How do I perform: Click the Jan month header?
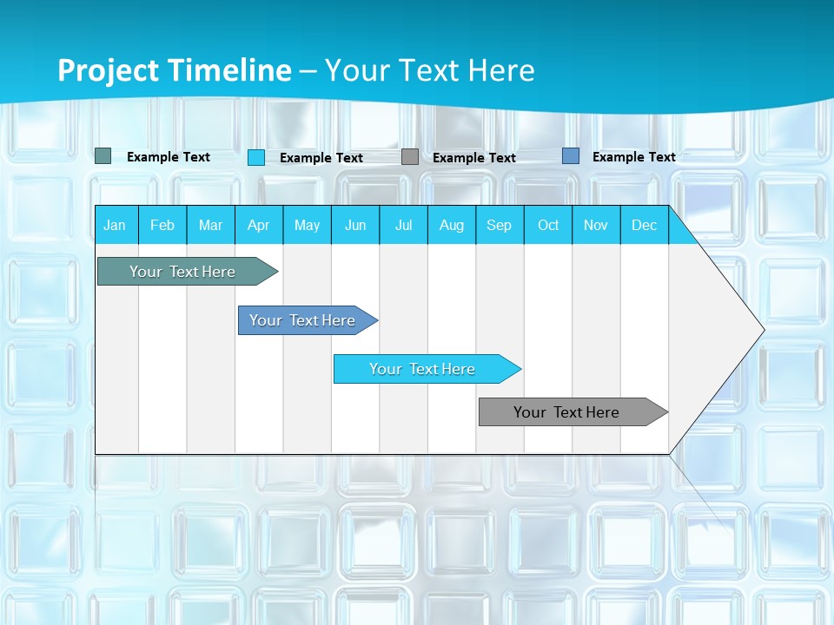click(x=116, y=225)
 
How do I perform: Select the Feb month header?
click(x=162, y=225)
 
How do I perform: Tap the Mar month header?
click(x=210, y=225)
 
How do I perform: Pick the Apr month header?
click(x=259, y=225)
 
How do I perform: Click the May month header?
click(x=307, y=225)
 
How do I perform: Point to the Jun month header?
click(x=355, y=225)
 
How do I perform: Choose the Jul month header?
click(x=403, y=225)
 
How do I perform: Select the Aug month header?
click(x=452, y=225)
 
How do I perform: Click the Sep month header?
click(x=500, y=225)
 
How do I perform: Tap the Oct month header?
click(x=548, y=225)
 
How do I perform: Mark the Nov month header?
click(x=596, y=225)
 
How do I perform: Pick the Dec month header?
click(x=645, y=225)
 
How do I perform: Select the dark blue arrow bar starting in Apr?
click(x=303, y=320)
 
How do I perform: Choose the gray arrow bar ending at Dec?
click(x=567, y=412)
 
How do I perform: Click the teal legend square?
click(x=103, y=156)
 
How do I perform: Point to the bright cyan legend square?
click(x=256, y=157)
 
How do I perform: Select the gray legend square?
click(x=410, y=157)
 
